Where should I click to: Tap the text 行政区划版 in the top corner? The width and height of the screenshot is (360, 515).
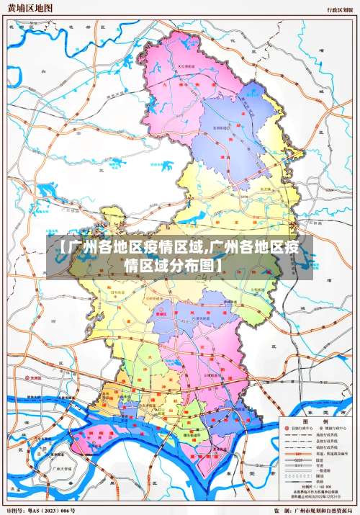(x=339, y=9)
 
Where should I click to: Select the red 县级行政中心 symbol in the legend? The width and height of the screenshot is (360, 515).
(x=287, y=429)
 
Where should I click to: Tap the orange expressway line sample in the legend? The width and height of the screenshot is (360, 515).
(x=298, y=454)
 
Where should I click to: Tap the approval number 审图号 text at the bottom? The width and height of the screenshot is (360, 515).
(x=41, y=510)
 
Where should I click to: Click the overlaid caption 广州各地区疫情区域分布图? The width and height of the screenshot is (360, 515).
(x=179, y=256)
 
